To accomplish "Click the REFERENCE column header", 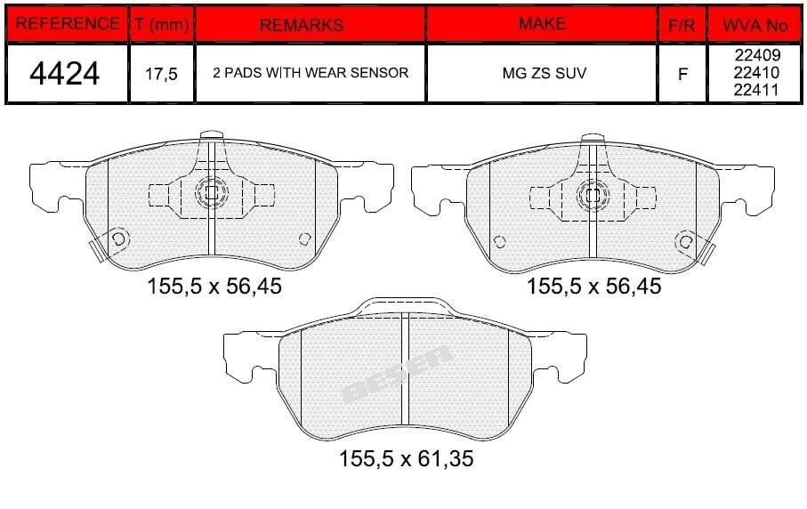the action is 67,24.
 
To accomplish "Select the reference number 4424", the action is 64,74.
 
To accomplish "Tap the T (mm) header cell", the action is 162,24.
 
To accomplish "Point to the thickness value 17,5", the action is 161,74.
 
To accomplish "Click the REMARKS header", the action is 302,25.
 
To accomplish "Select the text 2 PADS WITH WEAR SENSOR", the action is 311,73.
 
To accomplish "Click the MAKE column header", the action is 542,24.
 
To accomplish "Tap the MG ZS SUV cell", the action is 544,73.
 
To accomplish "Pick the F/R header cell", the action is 682,25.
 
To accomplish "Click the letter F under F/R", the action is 682,75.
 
